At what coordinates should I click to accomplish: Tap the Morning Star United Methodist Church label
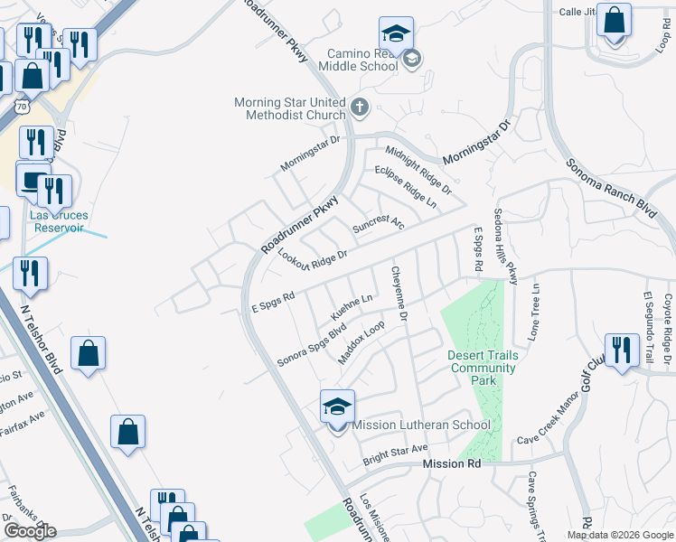pos(290,108)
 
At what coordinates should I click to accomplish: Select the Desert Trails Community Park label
pos(483,368)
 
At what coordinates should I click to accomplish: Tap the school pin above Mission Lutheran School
pos(337,408)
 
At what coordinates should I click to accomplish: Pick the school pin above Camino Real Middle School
pos(396,35)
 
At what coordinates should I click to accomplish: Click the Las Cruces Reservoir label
pos(56,221)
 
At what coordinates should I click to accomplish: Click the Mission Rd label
pos(451,463)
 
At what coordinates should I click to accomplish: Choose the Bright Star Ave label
pos(394,450)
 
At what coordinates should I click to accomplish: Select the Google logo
pos(30,531)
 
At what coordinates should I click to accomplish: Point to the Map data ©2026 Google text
pos(620,535)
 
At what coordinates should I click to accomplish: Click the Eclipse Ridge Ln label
pos(406,184)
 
